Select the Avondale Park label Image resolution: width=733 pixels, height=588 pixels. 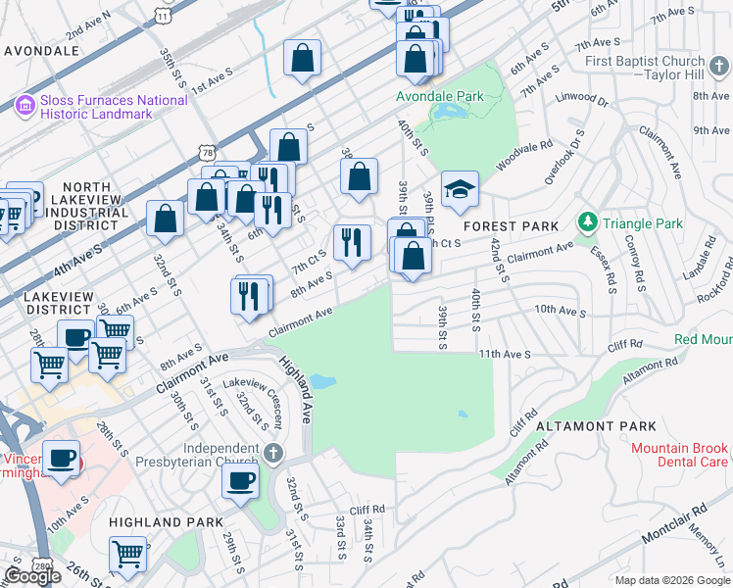(440, 97)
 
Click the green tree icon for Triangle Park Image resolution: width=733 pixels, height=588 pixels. (587, 222)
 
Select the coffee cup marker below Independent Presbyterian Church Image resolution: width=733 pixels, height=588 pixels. (240, 480)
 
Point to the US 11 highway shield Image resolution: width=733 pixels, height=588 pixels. (164, 13)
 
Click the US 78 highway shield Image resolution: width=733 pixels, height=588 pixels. (205, 152)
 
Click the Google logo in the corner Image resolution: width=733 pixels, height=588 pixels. (32, 576)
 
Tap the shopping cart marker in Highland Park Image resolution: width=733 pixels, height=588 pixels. (128, 554)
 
